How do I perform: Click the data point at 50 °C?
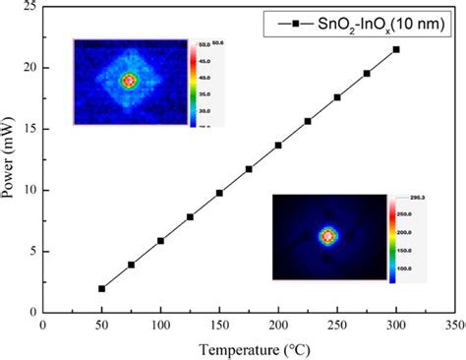tap(101, 288)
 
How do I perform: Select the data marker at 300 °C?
tap(396, 49)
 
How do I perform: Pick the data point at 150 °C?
tap(219, 193)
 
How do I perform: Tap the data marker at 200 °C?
tap(278, 145)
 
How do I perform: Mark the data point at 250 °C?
tap(337, 97)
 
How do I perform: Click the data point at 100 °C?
tap(160, 240)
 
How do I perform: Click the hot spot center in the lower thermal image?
tap(328, 236)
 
